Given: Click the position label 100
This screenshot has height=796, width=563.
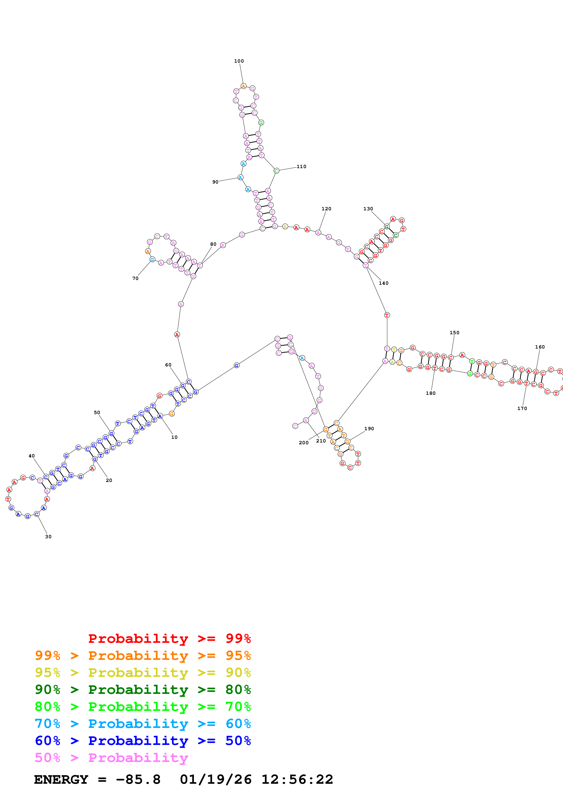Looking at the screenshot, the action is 239,61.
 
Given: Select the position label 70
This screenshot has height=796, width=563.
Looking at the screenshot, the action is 135,278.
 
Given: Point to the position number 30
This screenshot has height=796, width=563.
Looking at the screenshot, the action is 48,537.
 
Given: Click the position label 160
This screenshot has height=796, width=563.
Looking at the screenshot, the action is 540,347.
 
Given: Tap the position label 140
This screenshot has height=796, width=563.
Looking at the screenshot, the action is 383,283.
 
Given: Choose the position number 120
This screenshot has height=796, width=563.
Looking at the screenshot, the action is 326,209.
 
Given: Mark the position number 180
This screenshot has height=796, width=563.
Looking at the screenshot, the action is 431,393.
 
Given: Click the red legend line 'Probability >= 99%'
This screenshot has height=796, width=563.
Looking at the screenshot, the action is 169,639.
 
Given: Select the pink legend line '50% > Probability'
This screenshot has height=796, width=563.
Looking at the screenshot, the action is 111,758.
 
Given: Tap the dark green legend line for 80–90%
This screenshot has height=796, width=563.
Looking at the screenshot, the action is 143,690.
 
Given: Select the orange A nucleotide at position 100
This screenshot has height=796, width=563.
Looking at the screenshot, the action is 243,86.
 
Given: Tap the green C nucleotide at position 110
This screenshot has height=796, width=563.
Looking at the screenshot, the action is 276,171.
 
